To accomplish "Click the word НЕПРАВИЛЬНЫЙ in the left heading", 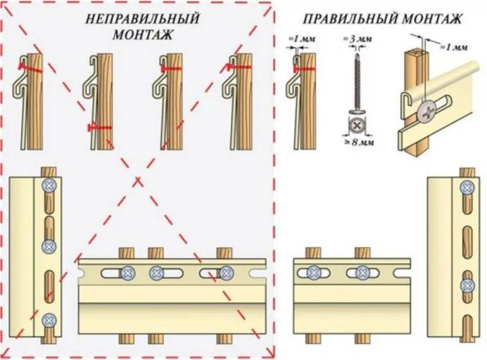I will tap(142, 19).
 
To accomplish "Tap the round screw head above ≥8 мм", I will tap(356, 125).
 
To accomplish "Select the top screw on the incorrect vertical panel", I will tap(49, 185).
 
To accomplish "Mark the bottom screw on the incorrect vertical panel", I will tap(49, 320).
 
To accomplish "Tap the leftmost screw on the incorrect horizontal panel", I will tap(127, 273).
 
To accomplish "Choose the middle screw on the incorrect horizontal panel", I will tap(155, 273).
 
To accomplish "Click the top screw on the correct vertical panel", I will tap(467, 188).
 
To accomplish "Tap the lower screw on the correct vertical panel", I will tap(467, 286).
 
